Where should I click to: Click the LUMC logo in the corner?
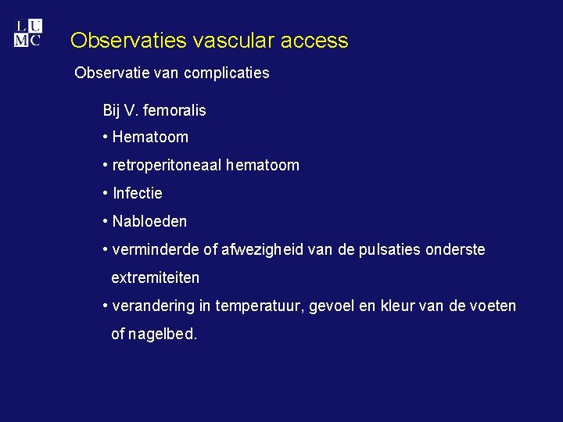[27, 33]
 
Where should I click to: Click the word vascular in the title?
[223, 41]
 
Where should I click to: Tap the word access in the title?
[312, 41]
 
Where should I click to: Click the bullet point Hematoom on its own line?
[150, 137]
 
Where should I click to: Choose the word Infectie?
[138, 193]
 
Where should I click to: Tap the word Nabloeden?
[150, 221]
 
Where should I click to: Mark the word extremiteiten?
[156, 277]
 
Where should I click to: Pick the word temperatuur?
[258, 306]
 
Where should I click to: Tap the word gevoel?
[332, 306]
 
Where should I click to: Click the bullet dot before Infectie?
[106, 193]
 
